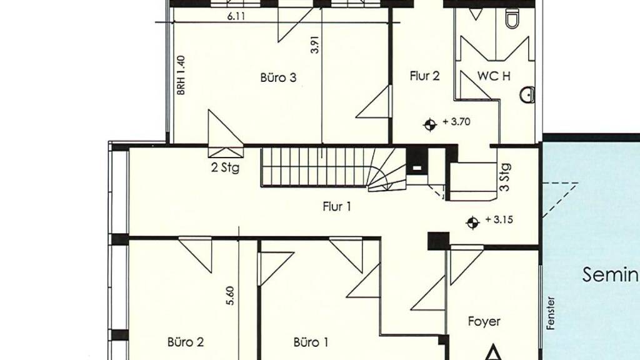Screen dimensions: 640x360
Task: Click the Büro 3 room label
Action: click(278, 77)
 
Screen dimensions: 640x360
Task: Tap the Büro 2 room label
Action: click(185, 342)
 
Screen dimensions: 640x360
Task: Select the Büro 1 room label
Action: click(311, 342)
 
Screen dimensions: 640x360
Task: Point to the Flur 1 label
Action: click(337, 206)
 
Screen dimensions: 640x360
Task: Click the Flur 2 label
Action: click(424, 76)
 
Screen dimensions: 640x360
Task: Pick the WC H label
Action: click(494, 76)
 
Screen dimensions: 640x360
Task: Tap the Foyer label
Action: click(484, 322)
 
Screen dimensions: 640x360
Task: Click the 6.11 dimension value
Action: click(236, 16)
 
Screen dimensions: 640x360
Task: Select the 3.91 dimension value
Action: click(315, 44)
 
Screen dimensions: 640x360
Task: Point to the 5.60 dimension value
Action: click(230, 296)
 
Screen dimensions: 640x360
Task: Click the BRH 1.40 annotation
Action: click(181, 76)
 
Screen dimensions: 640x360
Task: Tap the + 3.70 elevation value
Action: click(456, 122)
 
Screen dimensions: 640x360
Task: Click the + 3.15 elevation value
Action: click(499, 219)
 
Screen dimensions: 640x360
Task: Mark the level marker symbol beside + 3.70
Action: click(430, 124)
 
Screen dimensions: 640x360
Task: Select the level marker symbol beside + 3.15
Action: click(472, 222)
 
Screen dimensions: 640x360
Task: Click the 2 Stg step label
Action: click(225, 167)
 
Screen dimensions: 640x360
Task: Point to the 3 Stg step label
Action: click(505, 177)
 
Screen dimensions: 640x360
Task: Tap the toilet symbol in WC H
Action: click(512, 18)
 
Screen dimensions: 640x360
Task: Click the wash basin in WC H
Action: click(527, 95)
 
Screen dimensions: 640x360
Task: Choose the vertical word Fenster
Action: click(551, 313)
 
